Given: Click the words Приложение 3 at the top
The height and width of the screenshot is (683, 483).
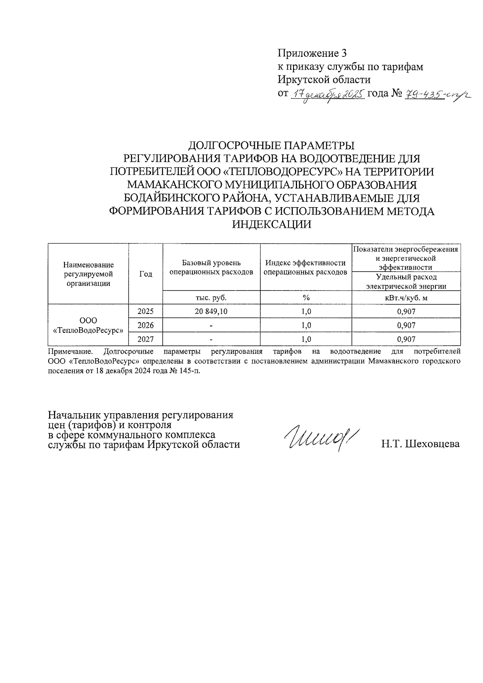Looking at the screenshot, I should (312, 53).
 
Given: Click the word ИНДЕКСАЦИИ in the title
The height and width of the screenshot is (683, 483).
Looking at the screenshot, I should (272, 225).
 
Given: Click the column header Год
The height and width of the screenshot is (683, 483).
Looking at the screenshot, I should (145, 274).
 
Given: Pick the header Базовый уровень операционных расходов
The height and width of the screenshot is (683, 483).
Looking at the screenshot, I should (211, 268).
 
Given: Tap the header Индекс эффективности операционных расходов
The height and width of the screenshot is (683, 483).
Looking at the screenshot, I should (305, 268).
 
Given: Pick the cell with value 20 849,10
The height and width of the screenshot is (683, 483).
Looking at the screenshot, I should (211, 312).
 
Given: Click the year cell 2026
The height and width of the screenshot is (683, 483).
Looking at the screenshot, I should (145, 325).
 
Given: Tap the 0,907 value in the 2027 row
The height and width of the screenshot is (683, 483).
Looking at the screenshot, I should (406, 339).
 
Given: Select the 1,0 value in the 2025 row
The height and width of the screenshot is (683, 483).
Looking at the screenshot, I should (306, 312).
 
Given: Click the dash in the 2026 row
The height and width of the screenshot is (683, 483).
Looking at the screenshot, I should (211, 325).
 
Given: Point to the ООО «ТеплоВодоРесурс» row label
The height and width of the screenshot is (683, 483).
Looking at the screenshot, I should (88, 325).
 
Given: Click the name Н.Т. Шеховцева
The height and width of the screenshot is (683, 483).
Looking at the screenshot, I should (421, 444).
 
